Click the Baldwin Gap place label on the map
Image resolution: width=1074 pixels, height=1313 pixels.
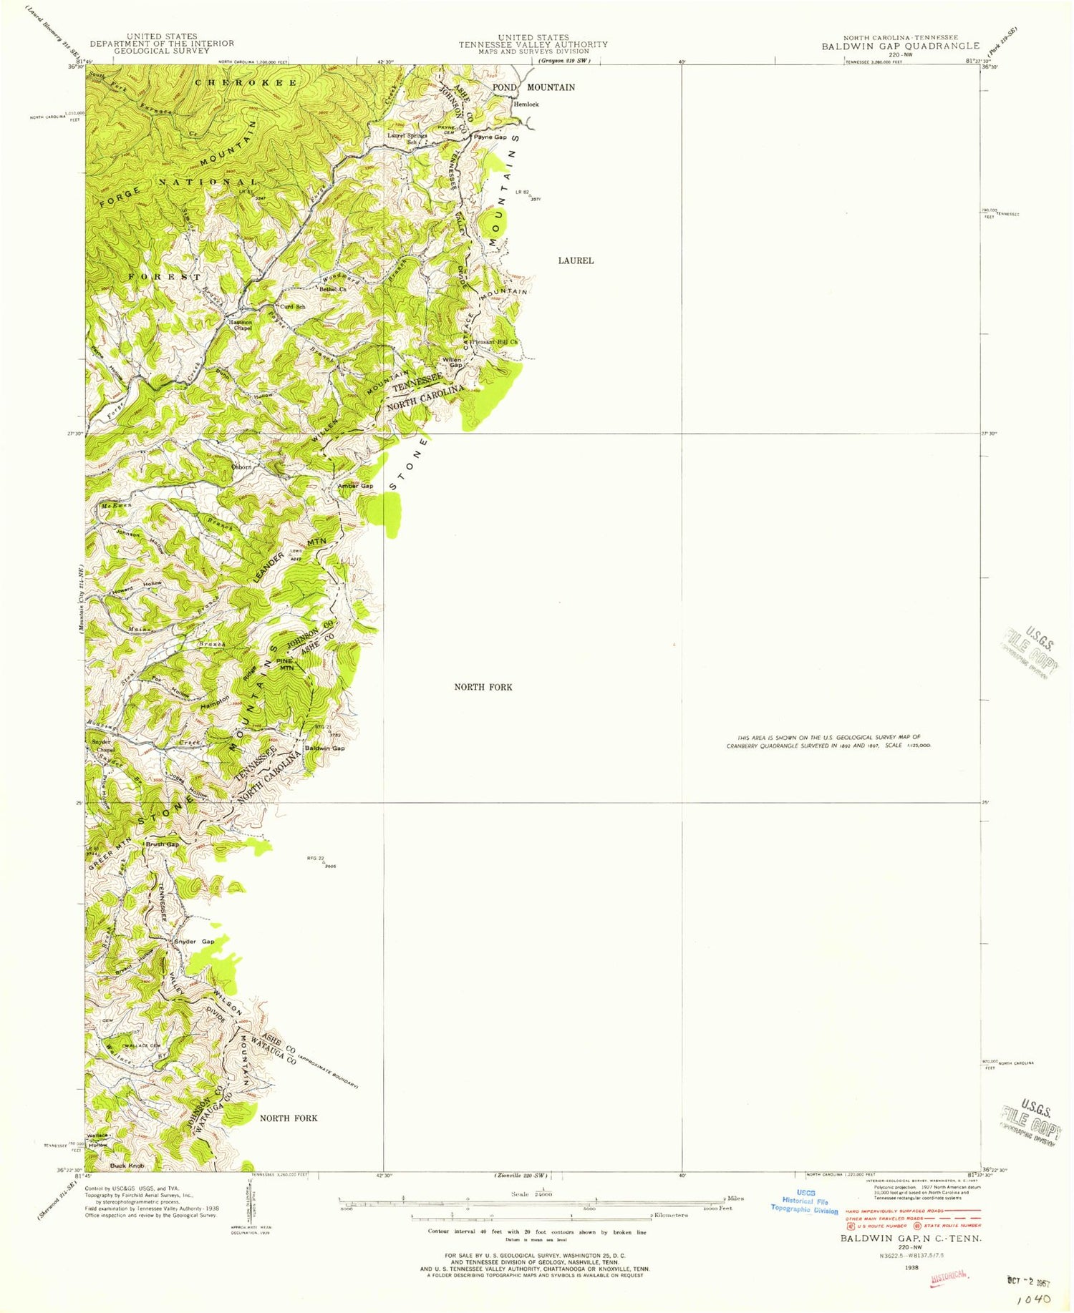coord(325,748)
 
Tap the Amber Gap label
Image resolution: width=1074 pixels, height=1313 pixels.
coord(355,486)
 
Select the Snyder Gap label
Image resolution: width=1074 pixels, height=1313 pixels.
coord(194,942)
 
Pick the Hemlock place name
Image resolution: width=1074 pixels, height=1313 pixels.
coord(526,104)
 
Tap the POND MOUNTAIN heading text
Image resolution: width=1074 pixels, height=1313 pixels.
coord(533,87)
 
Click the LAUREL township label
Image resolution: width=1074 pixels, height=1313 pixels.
coord(576,260)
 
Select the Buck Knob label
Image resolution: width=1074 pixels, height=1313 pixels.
coord(127,1166)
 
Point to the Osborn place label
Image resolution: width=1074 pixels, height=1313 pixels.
coord(241,467)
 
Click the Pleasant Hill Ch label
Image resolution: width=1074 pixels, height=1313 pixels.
coord(494,343)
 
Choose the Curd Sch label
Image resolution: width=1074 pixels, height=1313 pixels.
coord(292,306)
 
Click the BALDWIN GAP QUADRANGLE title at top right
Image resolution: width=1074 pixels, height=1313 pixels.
coord(900,46)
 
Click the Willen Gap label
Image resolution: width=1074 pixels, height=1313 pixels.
coord(452,362)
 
